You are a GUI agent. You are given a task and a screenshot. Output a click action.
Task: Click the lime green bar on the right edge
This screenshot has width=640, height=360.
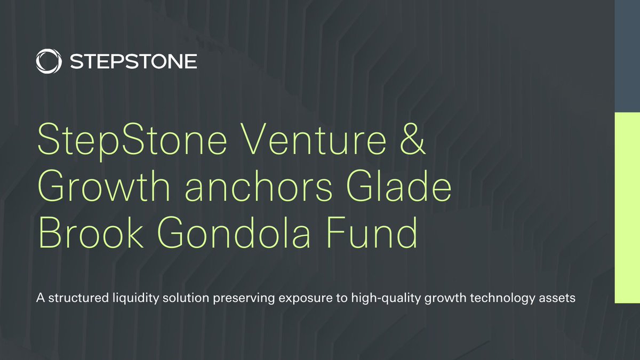pyautogui.click(x=627, y=208)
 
